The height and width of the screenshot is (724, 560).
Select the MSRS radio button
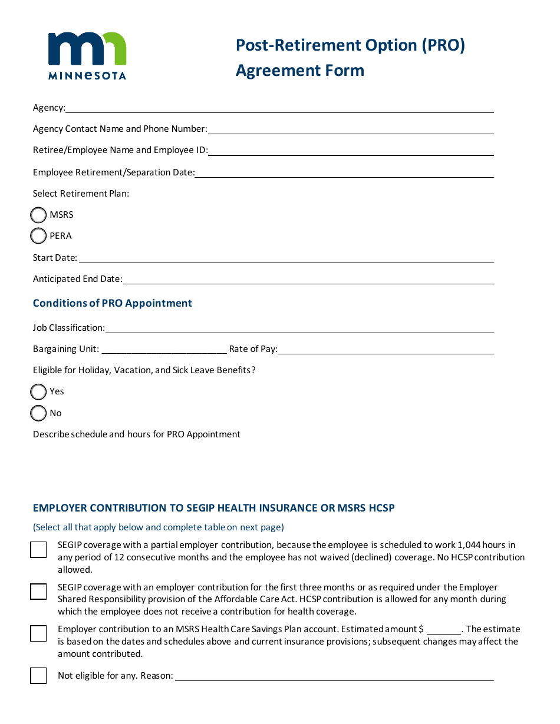point(38,215)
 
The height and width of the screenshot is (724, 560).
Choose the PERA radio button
point(38,236)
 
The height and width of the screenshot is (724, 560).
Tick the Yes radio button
point(38,391)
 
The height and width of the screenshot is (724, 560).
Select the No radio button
point(38,413)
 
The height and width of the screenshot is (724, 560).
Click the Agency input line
point(279,108)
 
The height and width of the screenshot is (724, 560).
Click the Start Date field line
point(286,258)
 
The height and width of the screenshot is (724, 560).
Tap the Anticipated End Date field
point(308,279)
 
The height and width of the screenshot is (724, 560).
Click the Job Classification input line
point(299,328)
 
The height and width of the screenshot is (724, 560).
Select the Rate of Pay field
point(386,349)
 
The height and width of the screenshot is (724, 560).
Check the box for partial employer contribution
point(38,550)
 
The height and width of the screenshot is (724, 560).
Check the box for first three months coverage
point(38,592)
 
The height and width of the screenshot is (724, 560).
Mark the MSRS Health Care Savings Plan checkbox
point(38,633)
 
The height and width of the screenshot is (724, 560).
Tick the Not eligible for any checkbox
point(38,675)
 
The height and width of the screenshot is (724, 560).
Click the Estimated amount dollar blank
point(443,629)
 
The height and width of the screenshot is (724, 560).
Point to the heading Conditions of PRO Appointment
point(113,303)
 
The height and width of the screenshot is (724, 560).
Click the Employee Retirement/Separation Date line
point(344,172)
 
